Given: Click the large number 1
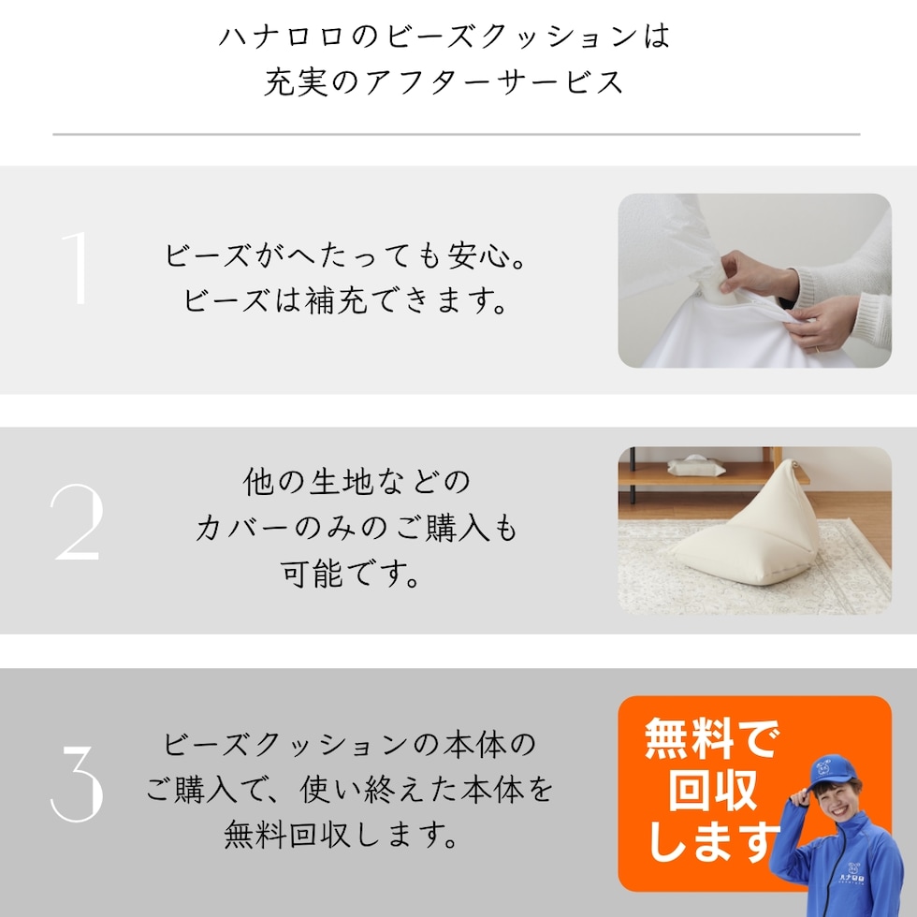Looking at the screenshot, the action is (x=77, y=268).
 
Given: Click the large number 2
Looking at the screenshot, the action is (x=77, y=522).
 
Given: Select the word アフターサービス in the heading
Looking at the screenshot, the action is (x=494, y=82).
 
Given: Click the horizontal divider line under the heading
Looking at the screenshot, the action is (x=457, y=135).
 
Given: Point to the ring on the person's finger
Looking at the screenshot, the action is (x=816, y=349).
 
